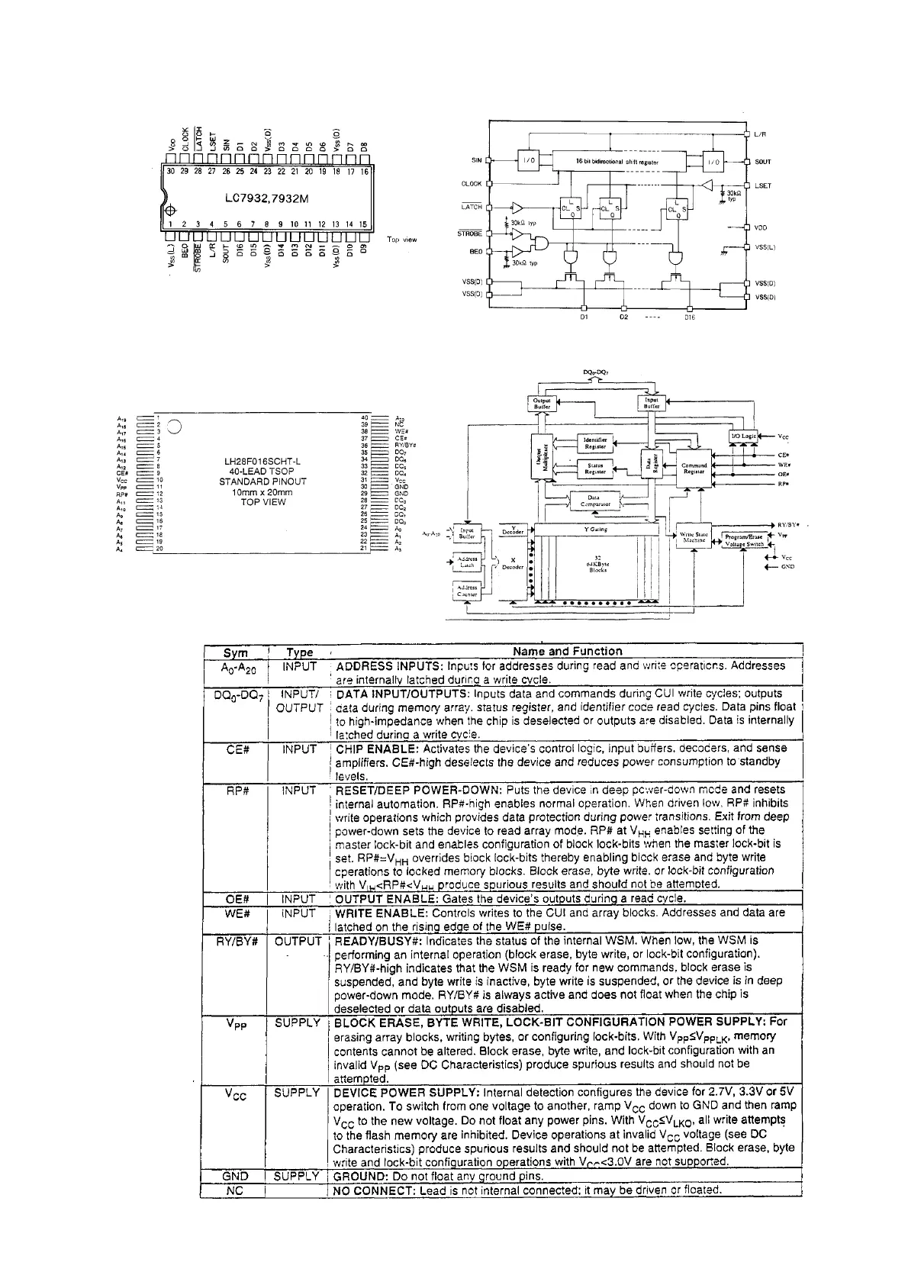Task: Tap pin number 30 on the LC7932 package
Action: pyautogui.click(x=171, y=172)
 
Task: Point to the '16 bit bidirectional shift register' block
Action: pyautogui.click(x=617, y=162)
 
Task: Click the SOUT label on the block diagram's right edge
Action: pyautogui.click(x=763, y=162)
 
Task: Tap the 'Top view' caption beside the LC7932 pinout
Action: pyautogui.click(x=402, y=240)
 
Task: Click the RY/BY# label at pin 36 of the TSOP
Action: pyautogui.click(x=405, y=445)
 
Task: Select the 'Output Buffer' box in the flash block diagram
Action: pyautogui.click(x=541, y=403)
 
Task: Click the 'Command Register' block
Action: pyautogui.click(x=694, y=469)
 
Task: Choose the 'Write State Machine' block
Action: pyautogui.click(x=694, y=537)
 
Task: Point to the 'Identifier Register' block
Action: pyautogui.click(x=594, y=443)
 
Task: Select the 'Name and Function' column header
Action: pyautogui.click(x=567, y=651)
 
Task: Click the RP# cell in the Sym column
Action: pyautogui.click(x=238, y=791)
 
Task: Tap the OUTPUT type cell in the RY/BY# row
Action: pyautogui.click(x=298, y=942)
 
